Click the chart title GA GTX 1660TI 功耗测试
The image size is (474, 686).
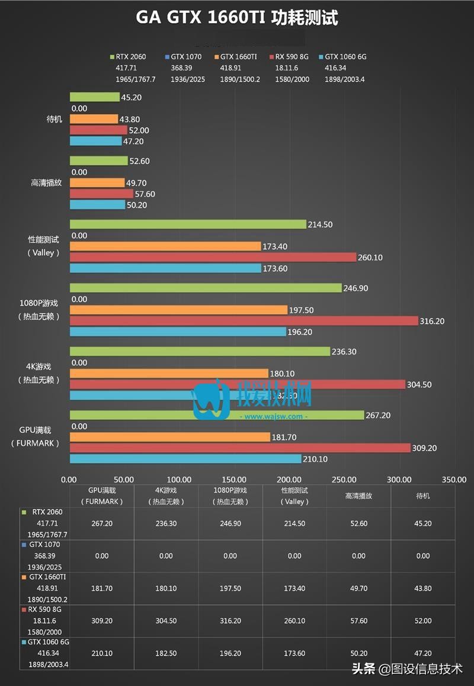click(x=237, y=18)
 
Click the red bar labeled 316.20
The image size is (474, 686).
click(x=244, y=321)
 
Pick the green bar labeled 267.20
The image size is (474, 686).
click(x=217, y=416)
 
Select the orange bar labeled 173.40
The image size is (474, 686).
click(x=165, y=246)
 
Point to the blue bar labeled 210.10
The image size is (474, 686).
click(x=185, y=459)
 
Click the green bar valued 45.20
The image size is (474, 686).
click(x=94, y=97)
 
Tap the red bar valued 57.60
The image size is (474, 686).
click(x=101, y=194)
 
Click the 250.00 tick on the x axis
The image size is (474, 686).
click(x=344, y=479)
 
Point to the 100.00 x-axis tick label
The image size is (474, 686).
click(x=179, y=479)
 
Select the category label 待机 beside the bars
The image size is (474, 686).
click(x=54, y=119)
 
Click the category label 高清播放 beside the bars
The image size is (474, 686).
click(x=46, y=183)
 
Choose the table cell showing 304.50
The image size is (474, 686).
click(x=166, y=621)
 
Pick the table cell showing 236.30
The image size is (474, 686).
click(x=166, y=523)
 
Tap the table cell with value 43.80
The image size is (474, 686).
click(x=423, y=588)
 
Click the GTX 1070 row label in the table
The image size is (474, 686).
click(x=45, y=545)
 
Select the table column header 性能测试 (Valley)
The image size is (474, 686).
click(x=294, y=496)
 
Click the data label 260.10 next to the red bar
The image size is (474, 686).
click(x=371, y=257)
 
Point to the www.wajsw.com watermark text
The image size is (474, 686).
click(x=273, y=416)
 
